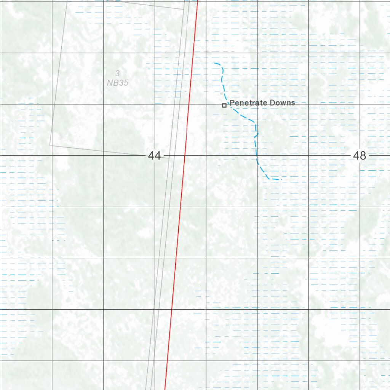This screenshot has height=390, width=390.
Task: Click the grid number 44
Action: [x=154, y=156]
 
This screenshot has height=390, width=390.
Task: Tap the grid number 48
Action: [x=360, y=155]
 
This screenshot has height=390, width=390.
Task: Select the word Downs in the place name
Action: [x=282, y=103]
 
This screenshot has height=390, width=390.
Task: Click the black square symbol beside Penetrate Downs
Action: [x=224, y=105]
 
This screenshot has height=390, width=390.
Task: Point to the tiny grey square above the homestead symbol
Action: [x=222, y=93]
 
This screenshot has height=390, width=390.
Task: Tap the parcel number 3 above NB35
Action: [x=118, y=74]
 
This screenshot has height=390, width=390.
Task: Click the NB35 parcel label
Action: [x=118, y=82]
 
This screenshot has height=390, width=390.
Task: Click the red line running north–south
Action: [x=179, y=229]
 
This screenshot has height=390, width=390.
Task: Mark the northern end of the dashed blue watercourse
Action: [x=214, y=63]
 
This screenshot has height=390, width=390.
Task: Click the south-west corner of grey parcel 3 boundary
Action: [x=50, y=145]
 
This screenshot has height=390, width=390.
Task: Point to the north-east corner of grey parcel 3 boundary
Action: [x=184, y=9]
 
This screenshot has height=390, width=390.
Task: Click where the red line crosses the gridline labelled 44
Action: [x=185, y=156]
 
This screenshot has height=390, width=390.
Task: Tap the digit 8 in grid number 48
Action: [x=363, y=155]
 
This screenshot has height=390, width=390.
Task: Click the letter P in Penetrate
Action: [x=232, y=103]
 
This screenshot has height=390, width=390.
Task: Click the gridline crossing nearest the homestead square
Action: [x=206, y=104]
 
